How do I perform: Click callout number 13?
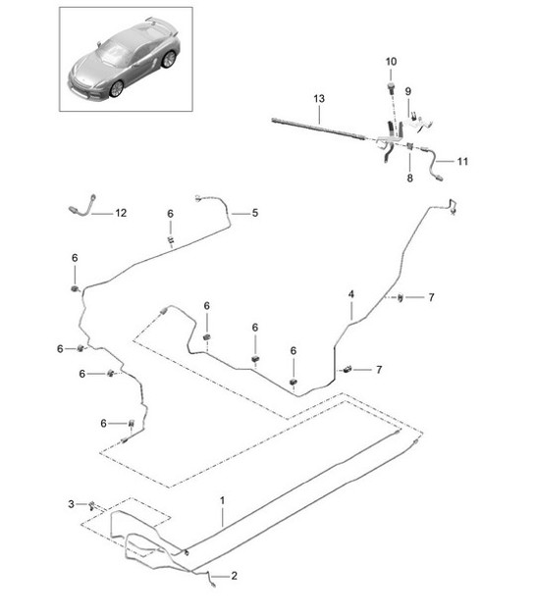click(x=319, y=99)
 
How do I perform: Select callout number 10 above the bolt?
click(x=391, y=62)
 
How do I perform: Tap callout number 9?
click(x=408, y=91)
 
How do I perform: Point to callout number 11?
click(x=462, y=162)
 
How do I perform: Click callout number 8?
click(x=409, y=178)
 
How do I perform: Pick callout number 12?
click(x=121, y=213)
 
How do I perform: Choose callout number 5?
click(x=255, y=213)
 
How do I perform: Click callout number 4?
click(x=351, y=294)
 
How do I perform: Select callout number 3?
click(x=71, y=503)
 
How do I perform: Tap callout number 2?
click(x=234, y=576)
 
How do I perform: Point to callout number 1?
click(x=222, y=500)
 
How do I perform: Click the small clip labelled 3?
click(x=92, y=505)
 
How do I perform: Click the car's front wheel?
click(x=117, y=89)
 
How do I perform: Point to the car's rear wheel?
click(x=169, y=59)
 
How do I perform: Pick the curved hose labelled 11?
click(x=432, y=163)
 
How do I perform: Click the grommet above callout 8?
click(x=409, y=146)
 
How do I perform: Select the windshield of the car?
click(x=114, y=53)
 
